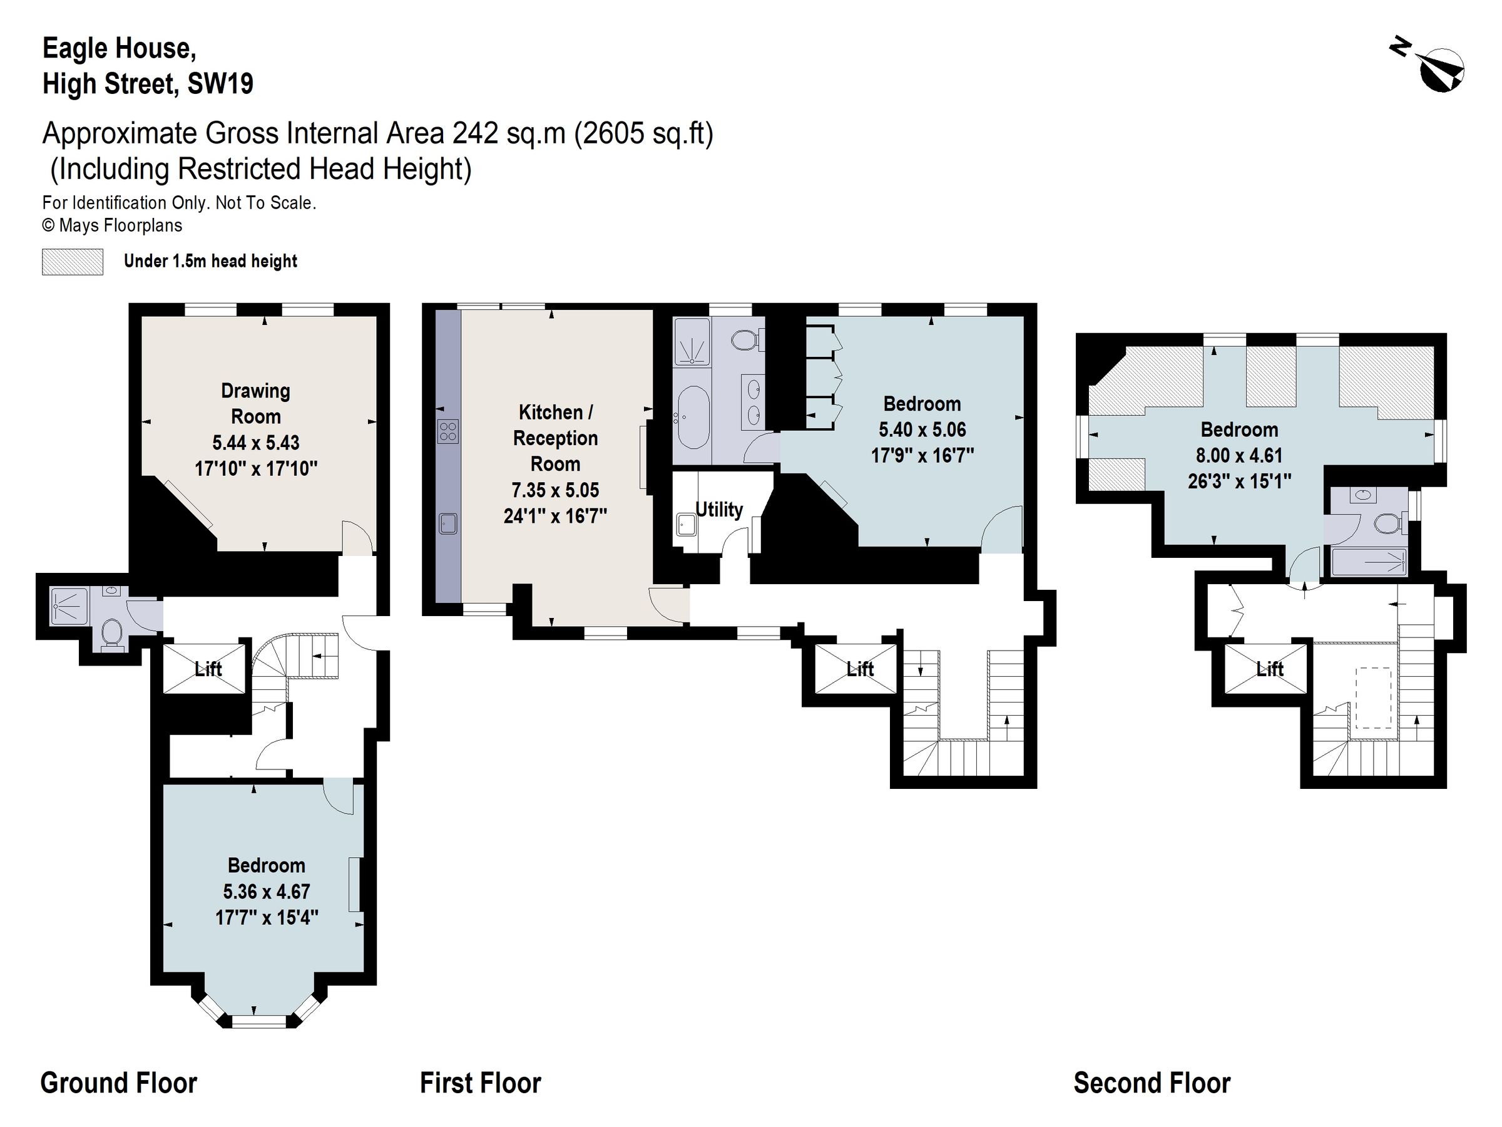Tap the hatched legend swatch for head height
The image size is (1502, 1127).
(x=73, y=262)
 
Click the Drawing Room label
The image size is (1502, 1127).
(x=255, y=403)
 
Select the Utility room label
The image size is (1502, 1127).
(x=718, y=510)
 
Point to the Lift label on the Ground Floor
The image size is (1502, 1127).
(x=208, y=669)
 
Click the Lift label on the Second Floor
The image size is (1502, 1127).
(x=1270, y=669)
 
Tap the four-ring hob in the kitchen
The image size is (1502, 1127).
(x=448, y=431)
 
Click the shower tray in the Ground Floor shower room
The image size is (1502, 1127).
(x=70, y=606)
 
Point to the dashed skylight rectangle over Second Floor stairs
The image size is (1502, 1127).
(x=1373, y=698)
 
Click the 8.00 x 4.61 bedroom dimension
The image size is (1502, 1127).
(x=1239, y=455)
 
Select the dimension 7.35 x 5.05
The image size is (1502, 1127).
(x=554, y=490)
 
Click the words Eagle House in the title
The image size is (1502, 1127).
(x=120, y=49)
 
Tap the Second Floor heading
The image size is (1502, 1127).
(x=1152, y=1083)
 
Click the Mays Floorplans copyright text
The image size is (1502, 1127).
(x=112, y=225)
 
